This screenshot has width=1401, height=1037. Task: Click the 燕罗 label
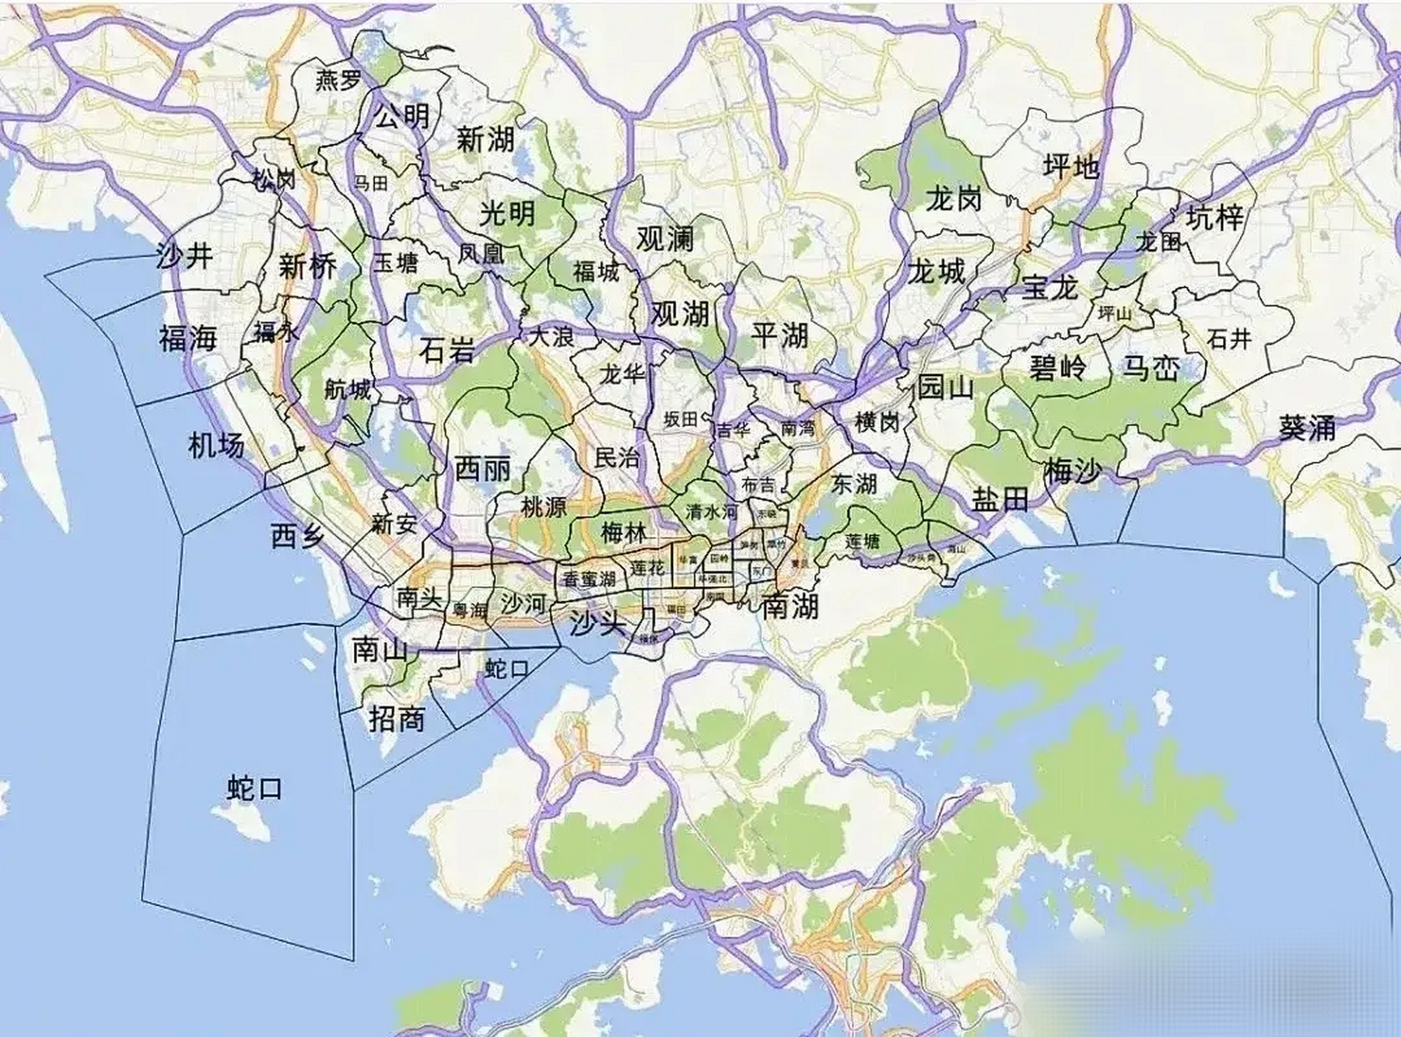click(x=339, y=81)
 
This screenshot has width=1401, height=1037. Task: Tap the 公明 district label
click(x=402, y=117)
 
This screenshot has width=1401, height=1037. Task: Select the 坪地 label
click(x=1071, y=167)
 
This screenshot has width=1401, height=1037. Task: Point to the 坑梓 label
click(x=1215, y=217)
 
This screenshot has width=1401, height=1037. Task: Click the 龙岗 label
click(x=954, y=198)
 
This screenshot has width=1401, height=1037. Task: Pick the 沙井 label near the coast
click(x=185, y=257)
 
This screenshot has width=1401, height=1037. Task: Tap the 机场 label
click(x=215, y=445)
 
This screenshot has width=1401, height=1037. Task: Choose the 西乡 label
click(x=297, y=536)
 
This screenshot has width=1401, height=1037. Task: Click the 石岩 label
click(x=447, y=350)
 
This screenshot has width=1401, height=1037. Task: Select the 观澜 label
click(x=665, y=239)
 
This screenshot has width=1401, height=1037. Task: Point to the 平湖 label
click(x=780, y=335)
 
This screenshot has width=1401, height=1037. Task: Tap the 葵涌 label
click(x=1306, y=427)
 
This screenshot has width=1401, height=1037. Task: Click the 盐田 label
click(x=1000, y=500)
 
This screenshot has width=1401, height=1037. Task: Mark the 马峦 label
click(x=1150, y=369)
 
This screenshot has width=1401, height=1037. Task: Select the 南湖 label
click(x=790, y=605)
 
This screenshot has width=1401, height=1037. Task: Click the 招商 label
click(x=397, y=719)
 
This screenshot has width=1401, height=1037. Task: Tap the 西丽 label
click(x=483, y=468)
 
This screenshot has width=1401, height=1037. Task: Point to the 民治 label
click(x=617, y=458)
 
